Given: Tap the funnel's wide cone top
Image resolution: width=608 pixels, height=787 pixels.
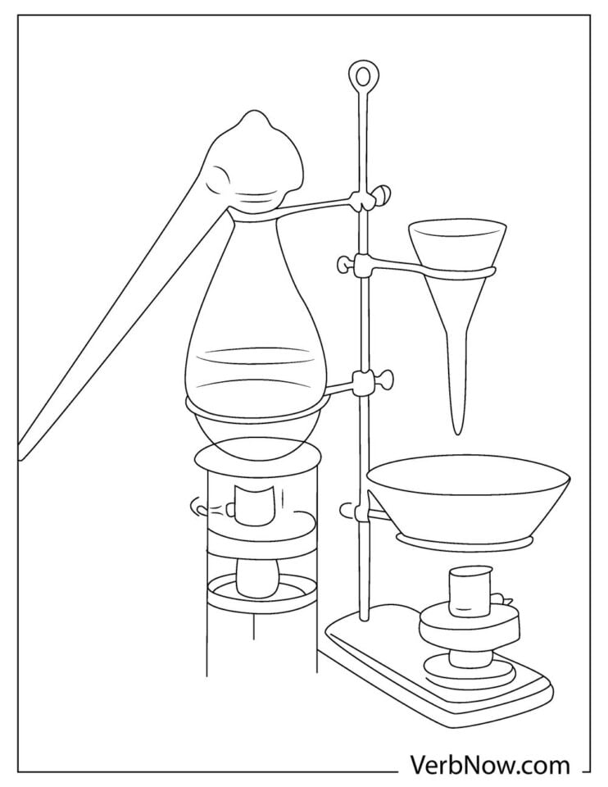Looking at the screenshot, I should (x=456, y=242).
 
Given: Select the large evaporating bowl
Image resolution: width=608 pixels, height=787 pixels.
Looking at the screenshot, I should (x=468, y=496).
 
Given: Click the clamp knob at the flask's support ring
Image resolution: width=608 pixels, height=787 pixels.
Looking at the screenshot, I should (x=382, y=380).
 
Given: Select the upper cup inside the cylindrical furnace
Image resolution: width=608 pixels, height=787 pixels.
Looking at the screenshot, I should (x=254, y=506).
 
